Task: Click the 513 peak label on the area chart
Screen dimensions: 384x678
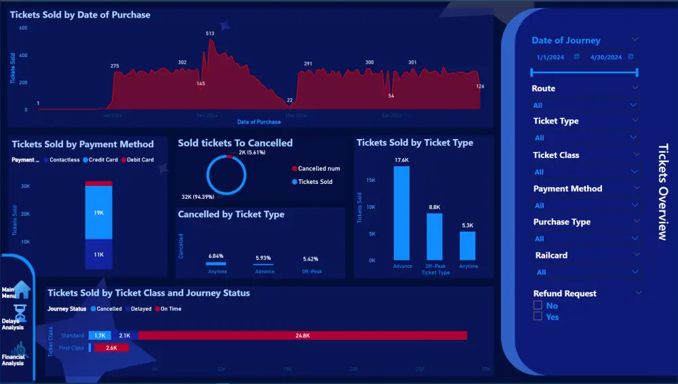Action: tap(210, 33)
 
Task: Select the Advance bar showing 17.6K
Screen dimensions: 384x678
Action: tap(402, 213)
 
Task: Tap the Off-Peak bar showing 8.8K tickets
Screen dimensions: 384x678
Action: tap(435, 237)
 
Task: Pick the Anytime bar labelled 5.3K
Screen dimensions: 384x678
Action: tap(468, 246)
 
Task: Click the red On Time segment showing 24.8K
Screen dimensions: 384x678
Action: tap(302, 335)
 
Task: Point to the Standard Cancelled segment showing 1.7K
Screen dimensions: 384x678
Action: tap(99, 335)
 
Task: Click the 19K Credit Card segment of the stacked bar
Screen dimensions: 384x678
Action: tap(99, 212)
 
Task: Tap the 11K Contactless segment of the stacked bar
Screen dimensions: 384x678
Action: tap(99, 254)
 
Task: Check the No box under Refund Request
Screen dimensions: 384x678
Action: tap(538, 306)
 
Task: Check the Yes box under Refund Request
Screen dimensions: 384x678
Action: tap(538, 316)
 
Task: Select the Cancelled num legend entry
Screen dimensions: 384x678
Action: tap(316, 168)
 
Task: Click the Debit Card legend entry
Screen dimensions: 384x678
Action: tap(138, 160)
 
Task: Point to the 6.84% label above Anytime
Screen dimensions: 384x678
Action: tap(216, 256)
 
